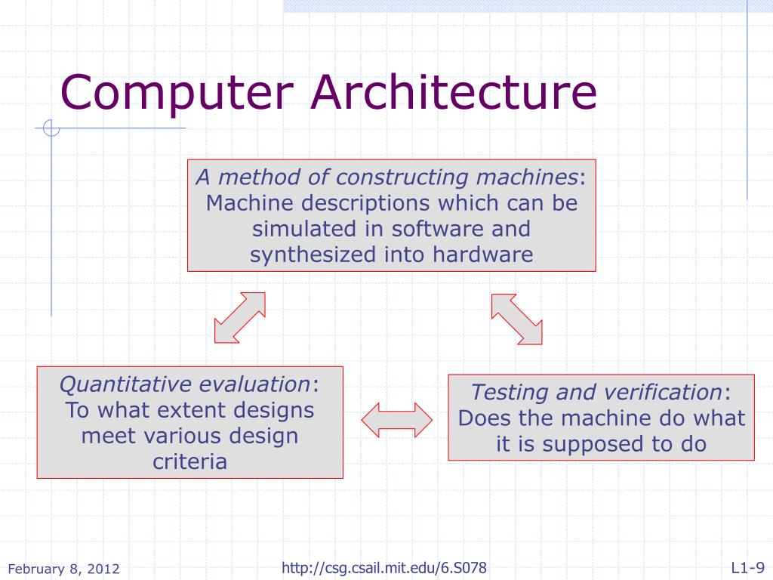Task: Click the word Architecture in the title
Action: click(x=454, y=91)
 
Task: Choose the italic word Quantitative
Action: click(x=125, y=384)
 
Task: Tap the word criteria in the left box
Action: click(x=190, y=461)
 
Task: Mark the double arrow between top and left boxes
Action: click(x=240, y=318)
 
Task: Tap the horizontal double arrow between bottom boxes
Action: click(x=397, y=418)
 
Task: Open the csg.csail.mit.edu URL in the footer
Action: click(x=383, y=568)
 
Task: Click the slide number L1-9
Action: click(x=747, y=568)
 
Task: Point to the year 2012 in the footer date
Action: click(x=105, y=569)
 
